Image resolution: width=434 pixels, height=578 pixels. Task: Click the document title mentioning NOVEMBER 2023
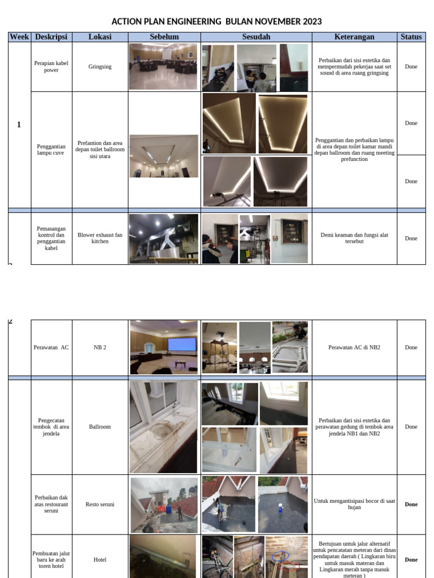coord(216,21)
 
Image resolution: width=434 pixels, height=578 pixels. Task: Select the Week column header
coord(19,37)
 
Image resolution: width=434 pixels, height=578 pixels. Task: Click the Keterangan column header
coord(354,37)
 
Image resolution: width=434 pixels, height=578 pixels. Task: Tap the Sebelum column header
coord(164,37)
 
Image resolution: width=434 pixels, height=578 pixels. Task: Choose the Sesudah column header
coord(256,37)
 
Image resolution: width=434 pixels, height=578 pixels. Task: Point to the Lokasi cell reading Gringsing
coord(100,67)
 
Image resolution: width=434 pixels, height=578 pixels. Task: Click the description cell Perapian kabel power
coord(51,67)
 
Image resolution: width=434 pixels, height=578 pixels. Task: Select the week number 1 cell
coord(19,125)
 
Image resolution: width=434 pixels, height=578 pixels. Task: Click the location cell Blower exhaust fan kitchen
coord(100,238)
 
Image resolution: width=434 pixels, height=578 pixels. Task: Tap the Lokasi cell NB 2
coord(100,347)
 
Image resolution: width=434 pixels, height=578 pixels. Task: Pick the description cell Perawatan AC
coord(51,347)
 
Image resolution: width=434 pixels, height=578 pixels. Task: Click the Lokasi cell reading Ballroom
coord(100,427)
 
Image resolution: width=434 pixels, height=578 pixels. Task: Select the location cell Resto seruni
coord(100,504)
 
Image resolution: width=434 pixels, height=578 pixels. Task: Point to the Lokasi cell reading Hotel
coord(100,559)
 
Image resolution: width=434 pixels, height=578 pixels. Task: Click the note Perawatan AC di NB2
coord(354,347)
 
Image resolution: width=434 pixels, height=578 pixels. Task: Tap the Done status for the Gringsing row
coord(411,67)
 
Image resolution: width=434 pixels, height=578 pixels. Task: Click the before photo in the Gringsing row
coord(163,67)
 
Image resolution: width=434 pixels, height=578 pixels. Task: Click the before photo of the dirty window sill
coord(163,427)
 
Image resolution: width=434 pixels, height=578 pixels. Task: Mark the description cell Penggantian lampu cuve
coord(51,150)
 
